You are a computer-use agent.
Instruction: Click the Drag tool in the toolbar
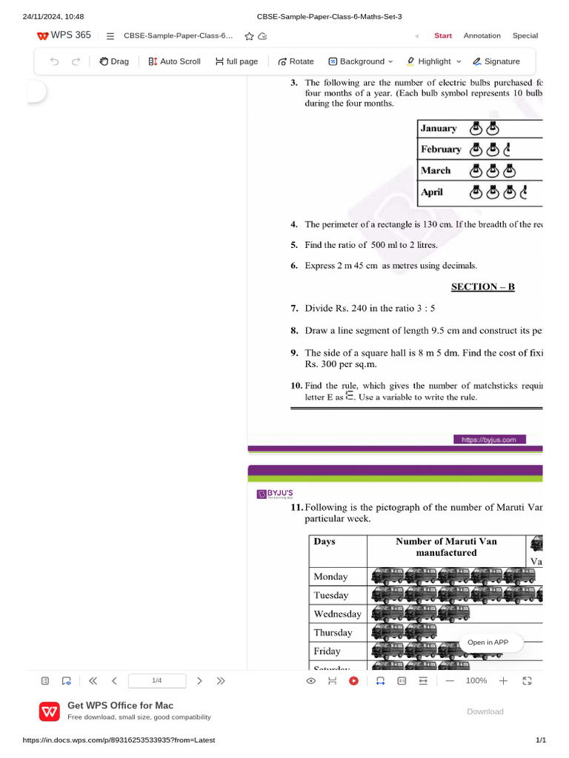coord(114,61)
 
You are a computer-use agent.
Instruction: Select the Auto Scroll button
coord(174,61)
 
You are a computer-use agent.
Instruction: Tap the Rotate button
coord(296,61)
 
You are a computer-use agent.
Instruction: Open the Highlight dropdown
coord(434,61)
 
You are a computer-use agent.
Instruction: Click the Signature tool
coord(496,61)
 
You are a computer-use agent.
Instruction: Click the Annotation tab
coord(482,36)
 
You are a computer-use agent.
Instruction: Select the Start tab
coord(443,36)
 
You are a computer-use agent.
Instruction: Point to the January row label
coord(439,129)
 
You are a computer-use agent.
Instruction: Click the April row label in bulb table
coord(432,192)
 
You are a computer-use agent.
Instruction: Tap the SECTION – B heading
coord(483,287)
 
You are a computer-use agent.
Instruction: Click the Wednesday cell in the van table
coord(337,614)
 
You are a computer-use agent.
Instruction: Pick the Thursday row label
coord(333,633)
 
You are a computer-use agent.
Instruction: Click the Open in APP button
coord(488,643)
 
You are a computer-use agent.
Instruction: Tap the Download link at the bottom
coord(485,711)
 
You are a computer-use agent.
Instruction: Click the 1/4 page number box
coord(157,680)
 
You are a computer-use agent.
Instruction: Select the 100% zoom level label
coord(476,680)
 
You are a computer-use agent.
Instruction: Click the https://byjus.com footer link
coord(489,440)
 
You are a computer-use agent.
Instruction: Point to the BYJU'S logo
coord(275,494)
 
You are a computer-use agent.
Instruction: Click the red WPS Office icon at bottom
coord(50,711)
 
